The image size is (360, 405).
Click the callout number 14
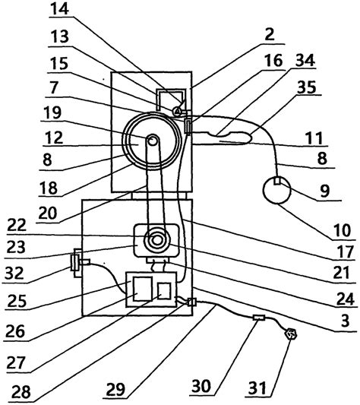pyautogui.click(x=59, y=8)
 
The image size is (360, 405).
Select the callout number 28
pyautogui.click(x=21, y=392)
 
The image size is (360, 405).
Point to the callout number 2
pyautogui.click(x=270, y=34)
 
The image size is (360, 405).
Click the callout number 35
pyautogui.click(x=307, y=87)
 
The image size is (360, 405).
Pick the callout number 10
pyautogui.click(x=343, y=230)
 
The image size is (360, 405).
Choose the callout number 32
pyautogui.click(x=14, y=273)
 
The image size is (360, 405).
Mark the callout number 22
pyautogui.click(x=17, y=225)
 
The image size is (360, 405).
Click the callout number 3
pyautogui.click(x=345, y=321)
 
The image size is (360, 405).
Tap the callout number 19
pyautogui.click(x=52, y=112)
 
